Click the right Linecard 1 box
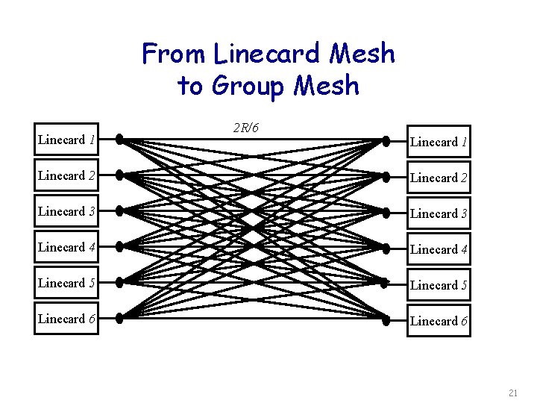tap(439, 142)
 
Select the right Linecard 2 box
tap(439, 178)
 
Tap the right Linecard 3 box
tap(439, 213)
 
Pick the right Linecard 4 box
tap(439, 249)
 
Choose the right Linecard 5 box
tap(439, 285)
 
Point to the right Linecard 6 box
tap(439, 321)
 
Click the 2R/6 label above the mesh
tap(246, 128)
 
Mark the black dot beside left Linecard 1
tap(119, 139)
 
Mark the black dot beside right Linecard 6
tap(386, 320)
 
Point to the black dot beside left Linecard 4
tap(119, 247)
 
